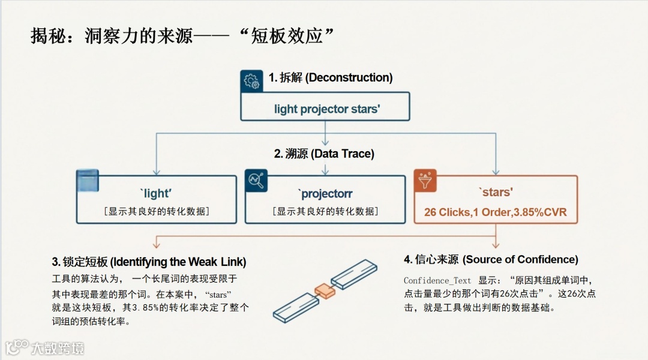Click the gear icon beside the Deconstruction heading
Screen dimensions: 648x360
coord(251,80)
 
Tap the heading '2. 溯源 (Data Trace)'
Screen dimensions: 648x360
coord(324,154)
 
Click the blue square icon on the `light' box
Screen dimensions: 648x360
coord(88,181)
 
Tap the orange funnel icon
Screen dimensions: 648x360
coord(425,181)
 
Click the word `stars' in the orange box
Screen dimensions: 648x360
coord(495,193)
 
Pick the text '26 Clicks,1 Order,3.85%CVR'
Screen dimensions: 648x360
coord(495,212)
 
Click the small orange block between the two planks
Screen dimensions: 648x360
coord(324,291)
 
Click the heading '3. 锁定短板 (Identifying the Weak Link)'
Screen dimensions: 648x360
coord(149,262)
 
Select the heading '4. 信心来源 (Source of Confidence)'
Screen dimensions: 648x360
coord(491,259)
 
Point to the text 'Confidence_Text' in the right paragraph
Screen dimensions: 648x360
coord(437,281)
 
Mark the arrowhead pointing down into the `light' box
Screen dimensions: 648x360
coord(156,172)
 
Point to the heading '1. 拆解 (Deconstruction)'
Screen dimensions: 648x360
coord(331,77)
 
